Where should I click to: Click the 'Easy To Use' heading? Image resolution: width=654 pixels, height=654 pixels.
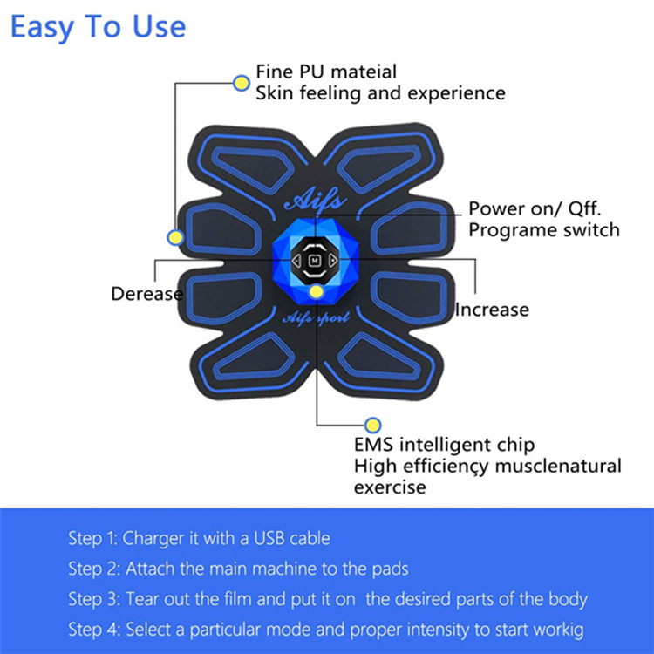(x=98, y=28)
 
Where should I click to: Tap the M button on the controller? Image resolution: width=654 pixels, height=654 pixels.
(x=315, y=261)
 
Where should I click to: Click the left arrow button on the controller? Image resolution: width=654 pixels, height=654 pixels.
(x=296, y=261)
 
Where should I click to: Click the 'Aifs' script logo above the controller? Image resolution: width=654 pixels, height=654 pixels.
(x=316, y=201)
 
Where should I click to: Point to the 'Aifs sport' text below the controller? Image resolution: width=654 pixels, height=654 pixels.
(x=316, y=318)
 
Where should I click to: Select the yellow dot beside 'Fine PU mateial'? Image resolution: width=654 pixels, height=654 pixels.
(x=241, y=83)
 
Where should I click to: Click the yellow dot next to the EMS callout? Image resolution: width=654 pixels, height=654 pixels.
(x=372, y=425)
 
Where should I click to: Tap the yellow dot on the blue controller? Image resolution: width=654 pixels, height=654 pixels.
(x=317, y=291)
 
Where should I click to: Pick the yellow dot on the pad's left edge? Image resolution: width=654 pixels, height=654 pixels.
(x=175, y=238)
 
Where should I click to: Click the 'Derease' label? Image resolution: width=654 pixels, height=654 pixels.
(x=146, y=294)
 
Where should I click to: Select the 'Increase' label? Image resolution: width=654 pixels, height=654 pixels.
(x=492, y=310)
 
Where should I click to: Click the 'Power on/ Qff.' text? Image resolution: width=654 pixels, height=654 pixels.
(x=535, y=208)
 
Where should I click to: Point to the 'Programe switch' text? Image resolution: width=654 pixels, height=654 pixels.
(x=544, y=230)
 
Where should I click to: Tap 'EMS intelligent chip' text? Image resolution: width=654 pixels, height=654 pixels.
(x=444, y=445)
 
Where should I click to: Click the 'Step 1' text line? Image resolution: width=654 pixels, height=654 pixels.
(x=200, y=539)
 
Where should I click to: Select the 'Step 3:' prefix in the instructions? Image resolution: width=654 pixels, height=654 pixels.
(x=94, y=599)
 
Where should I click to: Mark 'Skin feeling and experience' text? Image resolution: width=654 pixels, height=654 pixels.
(x=380, y=93)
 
